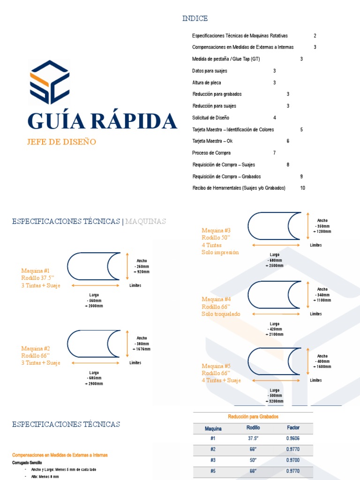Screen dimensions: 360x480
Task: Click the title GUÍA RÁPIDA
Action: click(x=102, y=121)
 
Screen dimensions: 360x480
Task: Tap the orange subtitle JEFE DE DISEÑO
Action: click(x=61, y=142)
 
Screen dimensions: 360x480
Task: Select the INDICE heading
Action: click(x=195, y=18)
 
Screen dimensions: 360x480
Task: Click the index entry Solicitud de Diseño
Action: click(x=210, y=118)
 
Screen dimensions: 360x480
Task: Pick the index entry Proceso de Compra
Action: click(x=211, y=153)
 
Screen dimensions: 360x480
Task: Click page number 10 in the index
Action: click(x=303, y=188)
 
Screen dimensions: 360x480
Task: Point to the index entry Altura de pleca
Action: click(x=207, y=82)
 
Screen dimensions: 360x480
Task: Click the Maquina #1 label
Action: click(x=35, y=270)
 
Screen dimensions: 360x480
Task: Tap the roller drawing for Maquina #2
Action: click(x=94, y=345)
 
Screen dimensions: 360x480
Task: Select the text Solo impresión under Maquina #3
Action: click(x=220, y=252)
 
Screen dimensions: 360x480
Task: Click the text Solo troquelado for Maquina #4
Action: click(x=221, y=314)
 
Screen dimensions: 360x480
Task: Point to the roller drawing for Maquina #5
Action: click(x=274, y=361)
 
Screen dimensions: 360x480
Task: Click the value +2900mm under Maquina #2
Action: click(x=94, y=383)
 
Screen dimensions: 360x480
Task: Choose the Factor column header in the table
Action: click(x=293, y=427)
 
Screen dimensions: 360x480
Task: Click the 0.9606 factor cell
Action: click(x=293, y=438)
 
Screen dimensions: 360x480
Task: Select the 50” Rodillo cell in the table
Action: click(x=253, y=460)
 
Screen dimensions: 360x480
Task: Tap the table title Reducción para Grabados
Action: click(x=253, y=416)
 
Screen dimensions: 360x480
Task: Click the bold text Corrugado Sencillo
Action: click(x=27, y=463)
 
